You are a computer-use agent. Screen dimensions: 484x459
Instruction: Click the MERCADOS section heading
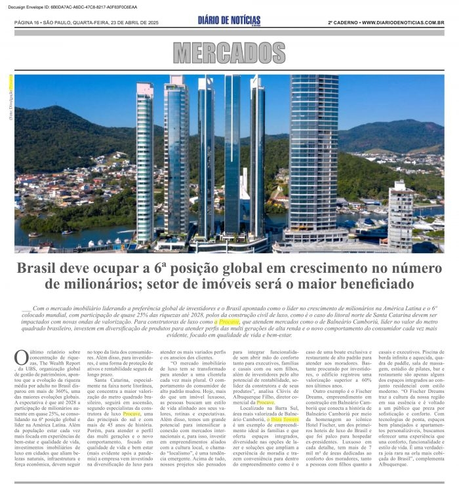point(229,52)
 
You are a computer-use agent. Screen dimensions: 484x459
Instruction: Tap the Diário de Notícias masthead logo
point(229,21)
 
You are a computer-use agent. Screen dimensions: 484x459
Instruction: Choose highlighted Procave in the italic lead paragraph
point(229,323)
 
